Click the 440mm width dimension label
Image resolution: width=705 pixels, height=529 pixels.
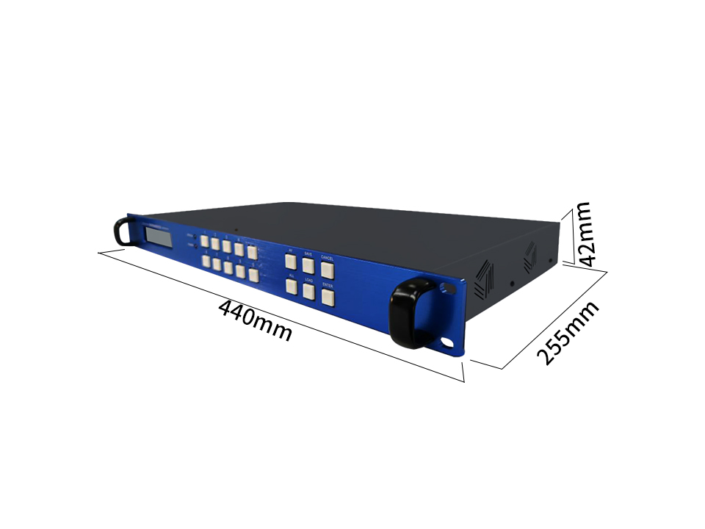coord(256,320)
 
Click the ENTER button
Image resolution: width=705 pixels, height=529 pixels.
coord(328,297)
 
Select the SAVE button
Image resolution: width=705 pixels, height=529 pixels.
coord(308,267)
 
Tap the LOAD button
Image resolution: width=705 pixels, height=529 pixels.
coord(308,292)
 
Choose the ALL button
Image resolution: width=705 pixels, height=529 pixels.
coord(291,287)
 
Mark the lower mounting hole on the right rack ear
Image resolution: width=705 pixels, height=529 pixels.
coord(447,342)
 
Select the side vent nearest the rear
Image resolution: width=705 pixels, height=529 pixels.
coord(530,258)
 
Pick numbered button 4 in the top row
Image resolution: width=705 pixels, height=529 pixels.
coord(239,249)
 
